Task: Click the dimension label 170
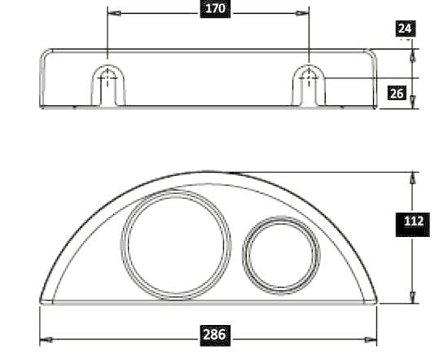217,10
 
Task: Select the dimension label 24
405,29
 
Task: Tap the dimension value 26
397,93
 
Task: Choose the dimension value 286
215,335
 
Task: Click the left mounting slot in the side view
108,81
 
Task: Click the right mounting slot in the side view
309,81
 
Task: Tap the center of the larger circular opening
176,243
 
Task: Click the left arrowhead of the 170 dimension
112,14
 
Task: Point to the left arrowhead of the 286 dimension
45,340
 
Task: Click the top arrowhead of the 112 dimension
412,177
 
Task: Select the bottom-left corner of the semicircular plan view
42,302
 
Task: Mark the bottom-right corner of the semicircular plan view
376,302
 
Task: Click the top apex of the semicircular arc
209,172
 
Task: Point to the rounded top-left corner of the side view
46,53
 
